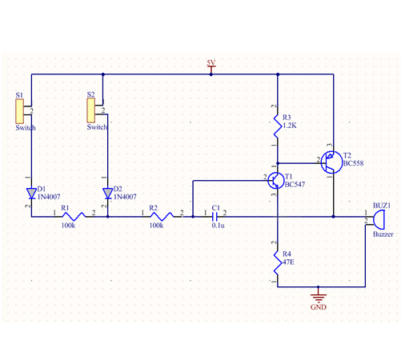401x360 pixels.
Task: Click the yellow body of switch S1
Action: point(20,111)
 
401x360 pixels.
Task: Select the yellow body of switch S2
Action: point(91,110)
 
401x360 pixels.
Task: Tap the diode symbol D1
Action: point(31,194)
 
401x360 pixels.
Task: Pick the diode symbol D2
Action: point(108,194)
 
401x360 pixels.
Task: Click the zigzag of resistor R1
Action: point(74,216)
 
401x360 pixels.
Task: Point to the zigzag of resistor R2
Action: point(162,216)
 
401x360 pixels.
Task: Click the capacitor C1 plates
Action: point(215,217)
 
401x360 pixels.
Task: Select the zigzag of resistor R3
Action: point(278,126)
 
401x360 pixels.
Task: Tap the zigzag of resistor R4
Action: point(278,262)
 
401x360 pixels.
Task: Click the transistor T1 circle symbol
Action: point(276,181)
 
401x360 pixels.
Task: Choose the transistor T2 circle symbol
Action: point(331,162)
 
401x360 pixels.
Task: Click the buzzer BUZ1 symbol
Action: point(379,219)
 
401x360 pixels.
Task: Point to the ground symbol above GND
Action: point(319,297)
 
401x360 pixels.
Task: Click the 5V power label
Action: point(211,62)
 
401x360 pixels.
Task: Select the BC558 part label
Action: point(354,163)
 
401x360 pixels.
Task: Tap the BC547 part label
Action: point(295,184)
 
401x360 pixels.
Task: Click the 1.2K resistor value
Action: point(290,126)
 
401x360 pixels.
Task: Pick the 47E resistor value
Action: point(288,262)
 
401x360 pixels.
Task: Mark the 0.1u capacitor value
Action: point(219,226)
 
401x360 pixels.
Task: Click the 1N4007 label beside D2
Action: point(125,197)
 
